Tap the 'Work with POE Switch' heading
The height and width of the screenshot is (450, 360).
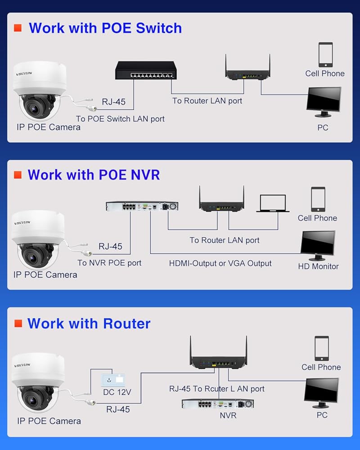[105, 28]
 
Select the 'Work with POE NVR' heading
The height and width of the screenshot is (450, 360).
[94, 175]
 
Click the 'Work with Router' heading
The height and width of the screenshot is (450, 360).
[89, 324]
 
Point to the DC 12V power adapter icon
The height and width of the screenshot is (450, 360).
[114, 379]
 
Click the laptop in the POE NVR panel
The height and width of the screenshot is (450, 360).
[273, 203]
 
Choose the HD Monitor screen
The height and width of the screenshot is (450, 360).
[318, 244]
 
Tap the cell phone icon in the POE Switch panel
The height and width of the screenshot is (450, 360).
[325, 55]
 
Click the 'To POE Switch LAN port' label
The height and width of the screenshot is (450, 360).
[120, 119]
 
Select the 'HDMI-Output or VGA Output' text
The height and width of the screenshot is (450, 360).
[220, 263]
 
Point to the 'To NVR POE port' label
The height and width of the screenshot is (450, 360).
[109, 263]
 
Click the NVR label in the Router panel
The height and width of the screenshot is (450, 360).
[228, 415]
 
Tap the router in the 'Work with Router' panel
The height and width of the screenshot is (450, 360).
[219, 355]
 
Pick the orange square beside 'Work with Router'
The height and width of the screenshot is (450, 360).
[18, 324]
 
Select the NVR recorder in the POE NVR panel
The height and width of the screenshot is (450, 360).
[142, 206]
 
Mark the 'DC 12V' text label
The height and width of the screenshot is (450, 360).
[117, 392]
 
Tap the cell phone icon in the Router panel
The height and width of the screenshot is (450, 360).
[321, 348]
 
